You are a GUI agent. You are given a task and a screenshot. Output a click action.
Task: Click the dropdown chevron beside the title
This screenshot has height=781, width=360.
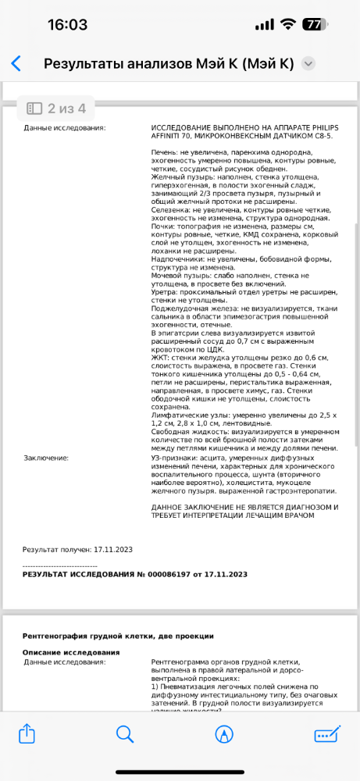tap(308, 64)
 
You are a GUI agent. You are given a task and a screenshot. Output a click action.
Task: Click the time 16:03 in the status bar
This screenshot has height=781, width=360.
tap(67, 24)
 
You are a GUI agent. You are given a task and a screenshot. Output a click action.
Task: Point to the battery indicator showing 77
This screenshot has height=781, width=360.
tap(313, 24)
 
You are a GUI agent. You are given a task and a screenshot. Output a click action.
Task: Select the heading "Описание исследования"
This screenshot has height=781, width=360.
tap(70, 651)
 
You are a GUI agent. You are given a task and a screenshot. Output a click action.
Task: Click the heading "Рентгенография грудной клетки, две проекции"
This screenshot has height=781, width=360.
tap(118, 636)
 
